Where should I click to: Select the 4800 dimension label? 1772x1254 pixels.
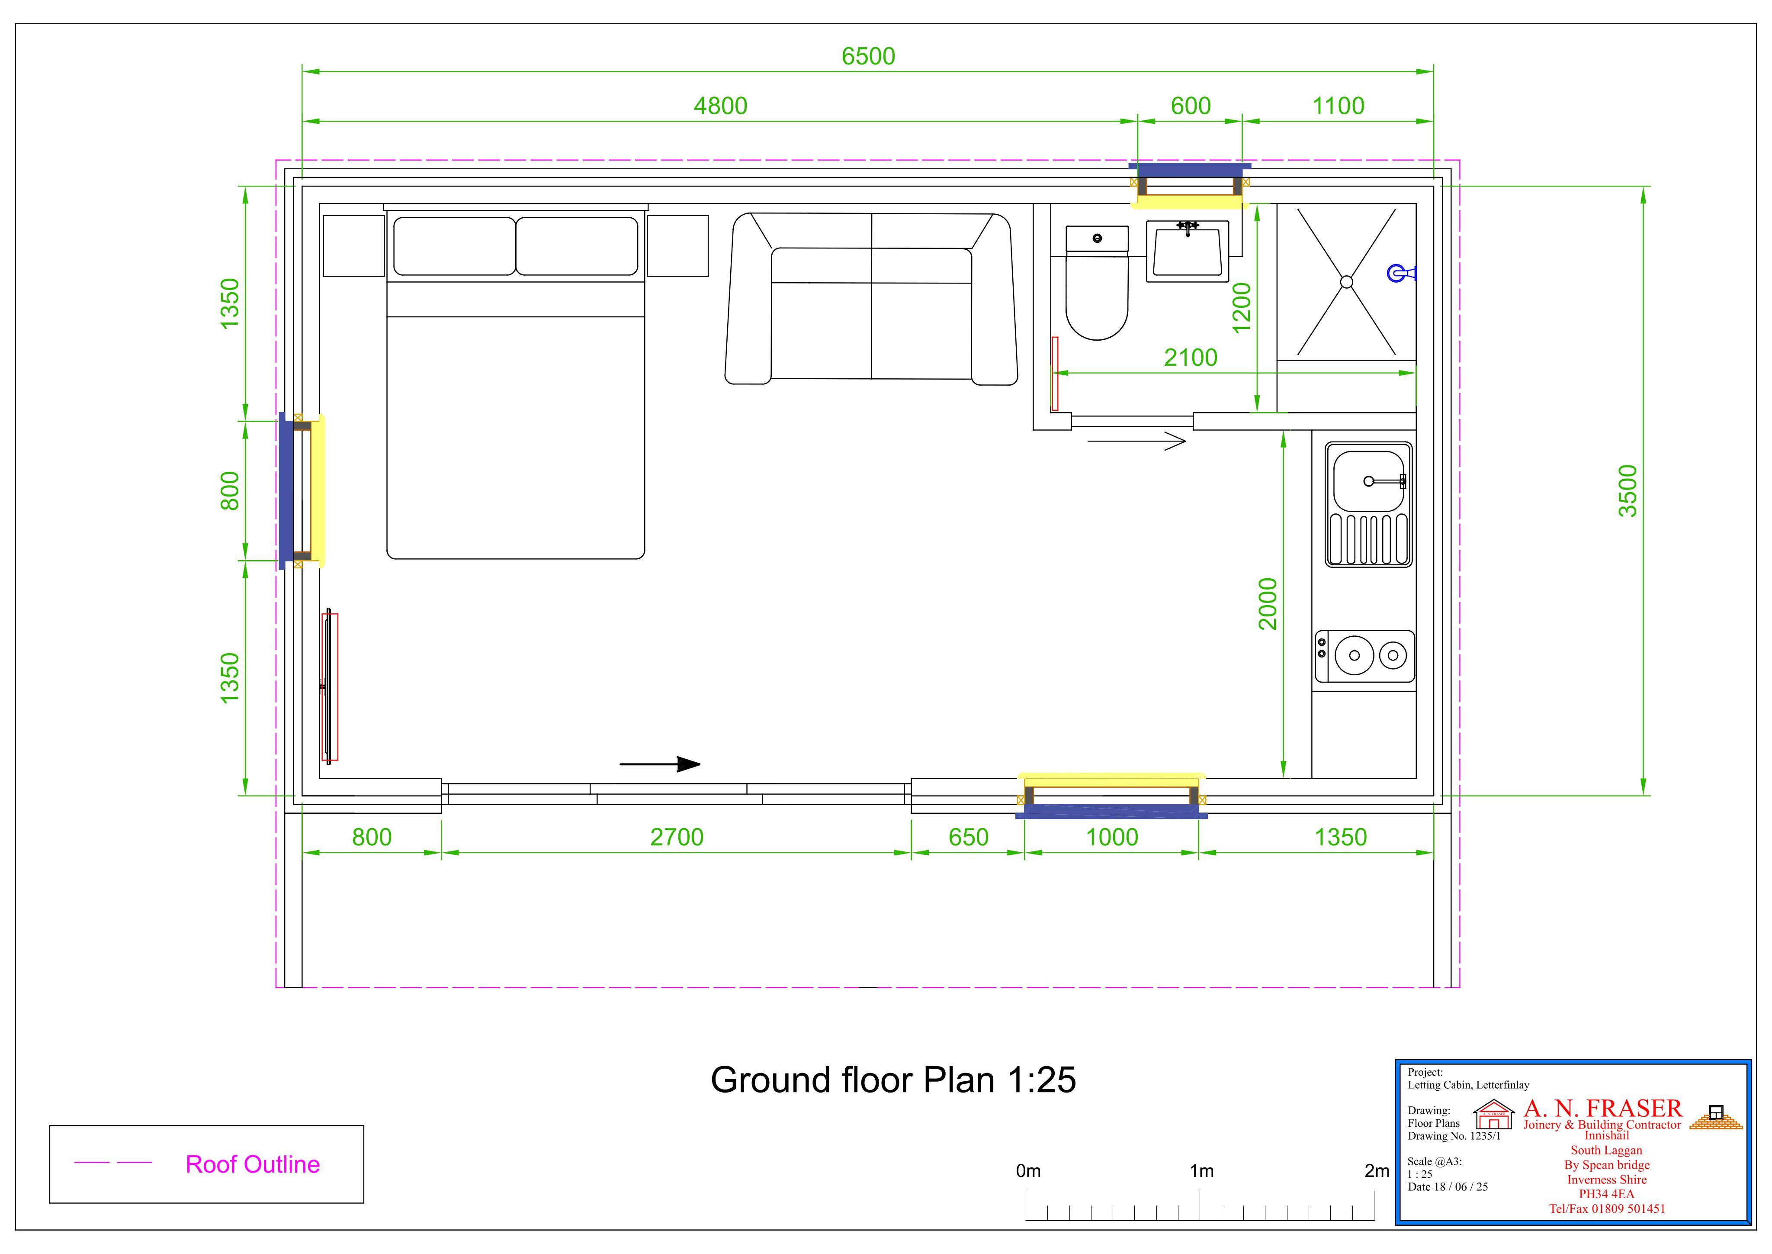[x=720, y=106]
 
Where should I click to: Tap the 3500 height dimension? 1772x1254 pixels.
[x=1627, y=491]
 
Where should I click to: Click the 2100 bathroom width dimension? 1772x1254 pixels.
[x=1190, y=358]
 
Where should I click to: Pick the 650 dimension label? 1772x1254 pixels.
[x=968, y=837]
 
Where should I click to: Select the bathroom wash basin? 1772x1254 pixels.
[x=1187, y=251]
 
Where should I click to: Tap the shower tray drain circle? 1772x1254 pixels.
[x=1347, y=282]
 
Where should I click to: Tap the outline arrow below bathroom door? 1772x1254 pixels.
[x=1136, y=442]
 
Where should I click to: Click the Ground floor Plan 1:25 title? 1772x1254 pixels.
[x=893, y=1080]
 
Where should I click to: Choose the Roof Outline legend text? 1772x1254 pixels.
[x=252, y=1164]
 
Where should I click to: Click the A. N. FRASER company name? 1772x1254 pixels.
[x=1602, y=1108]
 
